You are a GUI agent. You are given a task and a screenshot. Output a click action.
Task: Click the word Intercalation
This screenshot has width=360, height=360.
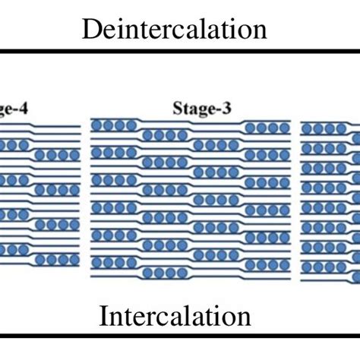(175, 315)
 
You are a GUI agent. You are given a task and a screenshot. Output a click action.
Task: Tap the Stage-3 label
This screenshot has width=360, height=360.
(201, 109)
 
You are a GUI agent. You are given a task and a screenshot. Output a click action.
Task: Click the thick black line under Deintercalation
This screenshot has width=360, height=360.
(180, 52)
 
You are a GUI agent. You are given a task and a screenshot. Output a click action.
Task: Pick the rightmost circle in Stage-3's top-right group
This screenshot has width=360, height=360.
(283, 127)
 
